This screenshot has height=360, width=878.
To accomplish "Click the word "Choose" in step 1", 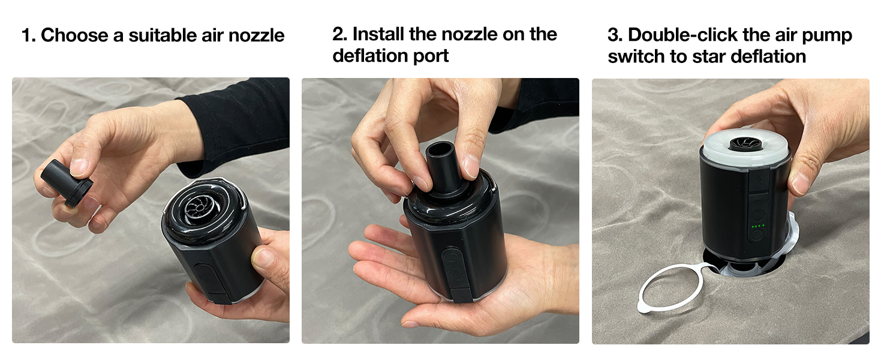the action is tap(74, 35).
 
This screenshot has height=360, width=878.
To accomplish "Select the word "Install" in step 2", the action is tap(378, 34).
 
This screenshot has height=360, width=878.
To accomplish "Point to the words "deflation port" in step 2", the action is tap(390, 55).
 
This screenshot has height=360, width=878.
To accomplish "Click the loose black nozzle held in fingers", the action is tap(67, 182).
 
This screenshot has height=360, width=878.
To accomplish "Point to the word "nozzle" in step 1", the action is tap(256, 35).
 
